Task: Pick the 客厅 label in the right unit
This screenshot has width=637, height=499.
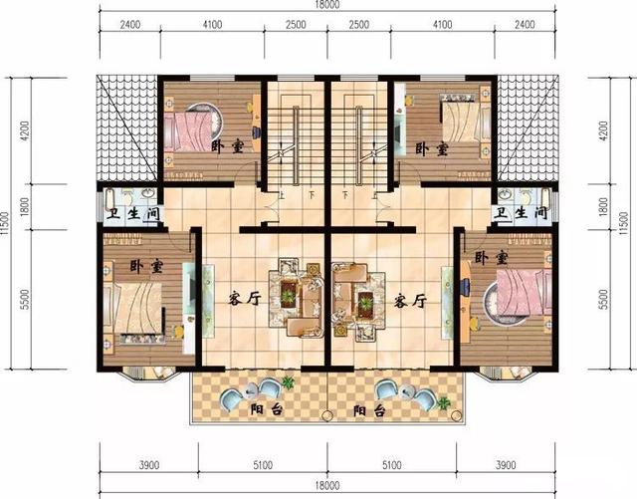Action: pyautogui.click(x=410, y=298)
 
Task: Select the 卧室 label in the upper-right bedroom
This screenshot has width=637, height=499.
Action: pyautogui.click(x=431, y=148)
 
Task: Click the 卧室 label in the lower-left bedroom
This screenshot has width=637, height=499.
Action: pyautogui.click(x=147, y=267)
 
